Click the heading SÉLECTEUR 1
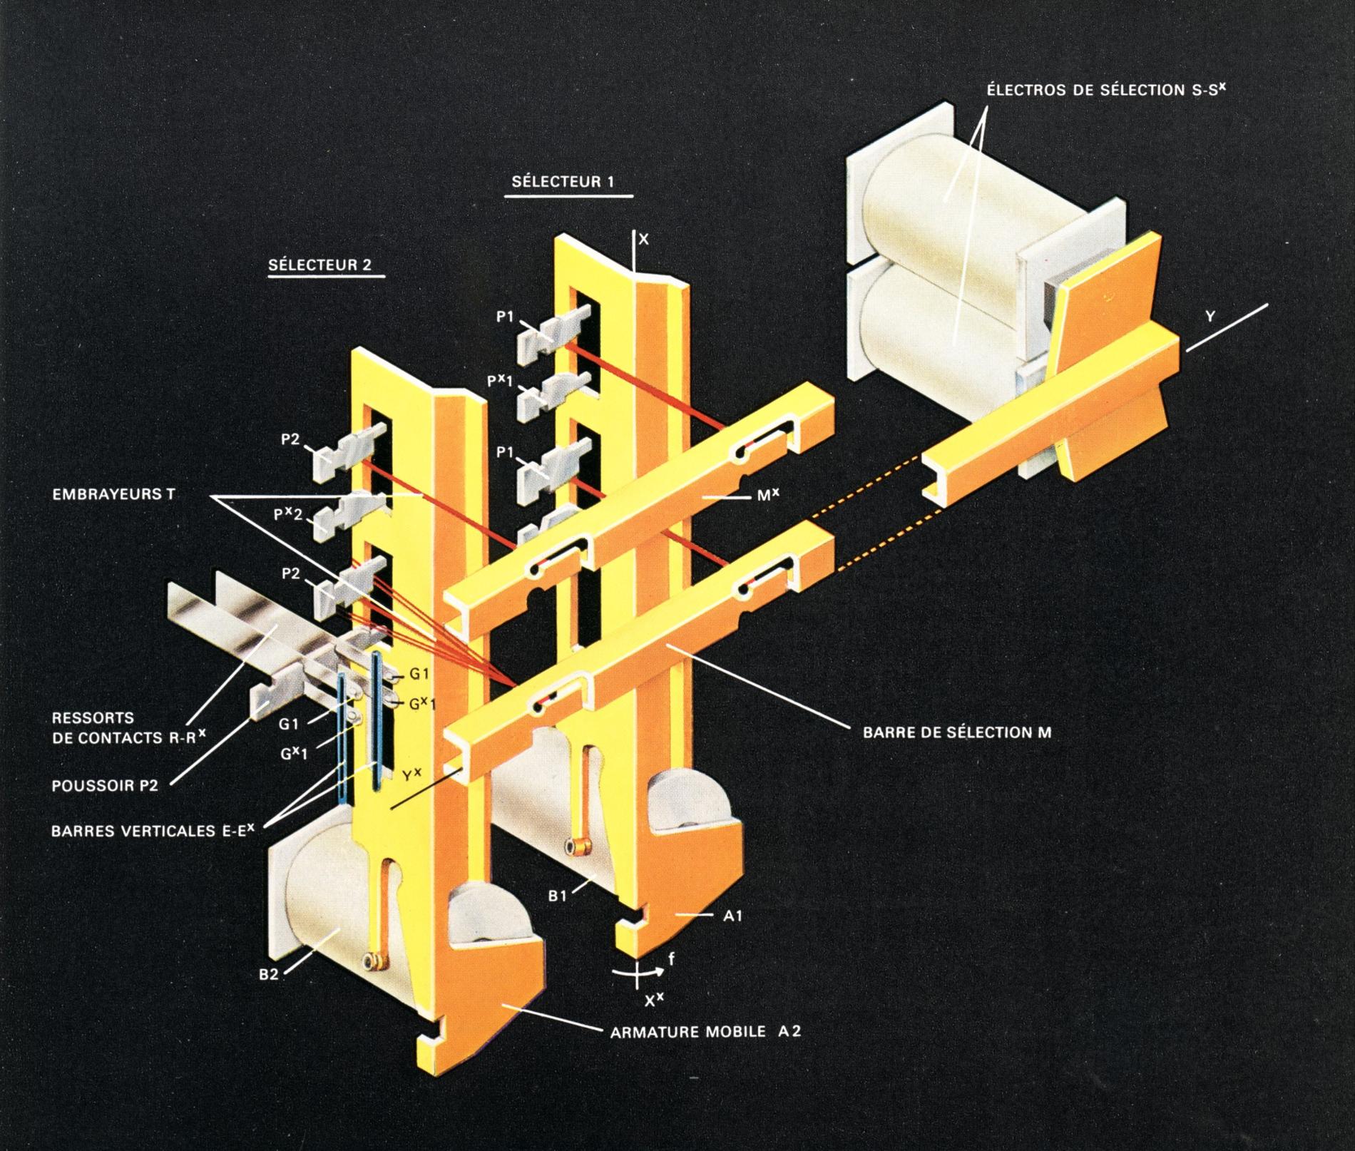coord(562,182)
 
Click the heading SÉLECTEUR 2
coord(319,265)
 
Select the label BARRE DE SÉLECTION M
coord(956,732)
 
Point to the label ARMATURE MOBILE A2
coord(701,1031)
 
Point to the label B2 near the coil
coord(268,975)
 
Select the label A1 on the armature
coord(733,916)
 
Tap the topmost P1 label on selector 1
coord(505,317)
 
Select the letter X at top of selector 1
coord(643,240)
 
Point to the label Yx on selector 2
coord(411,776)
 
